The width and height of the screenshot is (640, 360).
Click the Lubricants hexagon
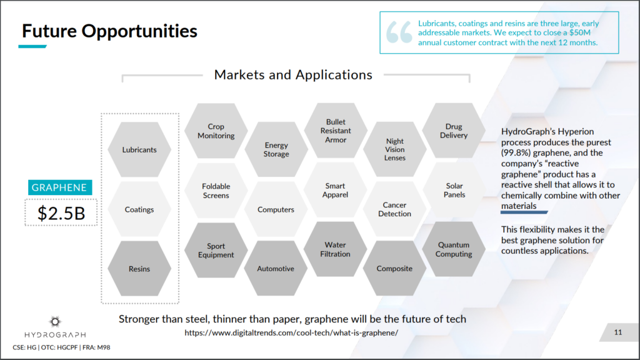point(139,149)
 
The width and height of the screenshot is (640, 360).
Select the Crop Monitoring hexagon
point(216,131)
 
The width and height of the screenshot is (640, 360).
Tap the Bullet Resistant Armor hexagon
point(336,131)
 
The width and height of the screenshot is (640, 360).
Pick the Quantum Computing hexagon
point(454,249)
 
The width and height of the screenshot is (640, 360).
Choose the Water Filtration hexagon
point(335,249)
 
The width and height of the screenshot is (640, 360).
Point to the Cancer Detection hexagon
point(394,209)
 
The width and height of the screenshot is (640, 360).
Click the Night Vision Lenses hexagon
point(395,149)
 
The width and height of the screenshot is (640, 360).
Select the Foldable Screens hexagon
point(216,190)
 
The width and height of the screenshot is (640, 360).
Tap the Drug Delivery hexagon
point(454,131)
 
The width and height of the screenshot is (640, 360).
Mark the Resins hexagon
point(139,269)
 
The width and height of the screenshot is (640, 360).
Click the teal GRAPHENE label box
point(60,187)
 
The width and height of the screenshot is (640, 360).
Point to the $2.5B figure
point(61,213)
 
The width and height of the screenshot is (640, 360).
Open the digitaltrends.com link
point(291,332)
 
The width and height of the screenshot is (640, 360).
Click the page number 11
point(618,332)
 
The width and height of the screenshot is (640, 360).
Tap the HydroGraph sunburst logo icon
point(55,322)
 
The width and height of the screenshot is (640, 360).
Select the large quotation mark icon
point(399,32)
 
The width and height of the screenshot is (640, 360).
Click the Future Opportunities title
point(109,31)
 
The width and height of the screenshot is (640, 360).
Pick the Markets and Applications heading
point(293,75)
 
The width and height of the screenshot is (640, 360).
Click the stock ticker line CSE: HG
point(61,347)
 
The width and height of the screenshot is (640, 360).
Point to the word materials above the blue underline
point(519,206)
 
